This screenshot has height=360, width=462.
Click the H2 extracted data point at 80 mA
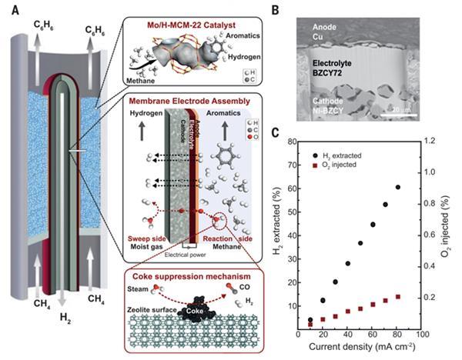pos(398,187)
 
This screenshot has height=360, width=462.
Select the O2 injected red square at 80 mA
pos(398,297)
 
